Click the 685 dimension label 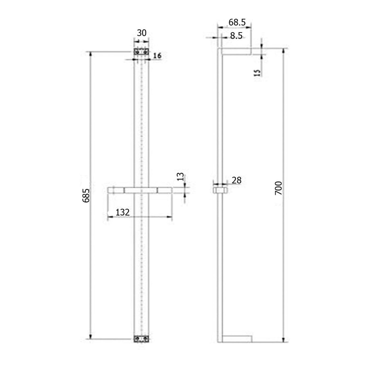(x=86, y=196)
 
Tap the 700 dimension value (x=278, y=188)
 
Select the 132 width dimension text (x=123, y=212)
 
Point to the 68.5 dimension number (x=237, y=23)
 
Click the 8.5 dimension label (x=236, y=36)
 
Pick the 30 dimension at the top (x=142, y=33)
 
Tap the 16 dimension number (x=157, y=56)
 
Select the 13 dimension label (x=181, y=177)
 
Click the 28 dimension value (x=237, y=180)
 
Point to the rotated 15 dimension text (x=258, y=73)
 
